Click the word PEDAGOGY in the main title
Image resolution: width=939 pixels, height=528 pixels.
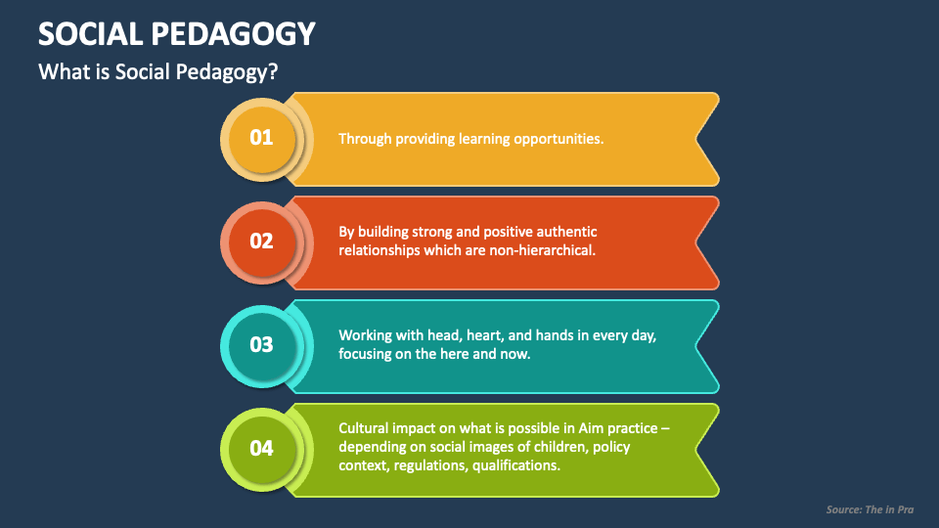click(x=233, y=33)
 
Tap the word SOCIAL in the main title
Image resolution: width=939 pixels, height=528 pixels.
click(x=90, y=33)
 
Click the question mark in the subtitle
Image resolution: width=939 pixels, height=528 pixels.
click(x=273, y=71)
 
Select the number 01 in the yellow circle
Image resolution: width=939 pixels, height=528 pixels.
click(x=261, y=138)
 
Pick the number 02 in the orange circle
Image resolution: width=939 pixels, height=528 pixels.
click(x=261, y=242)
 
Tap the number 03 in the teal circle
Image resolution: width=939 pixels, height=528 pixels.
click(x=261, y=345)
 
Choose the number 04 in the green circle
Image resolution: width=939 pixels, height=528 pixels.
click(x=261, y=449)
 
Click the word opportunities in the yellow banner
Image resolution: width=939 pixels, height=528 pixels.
click(x=559, y=140)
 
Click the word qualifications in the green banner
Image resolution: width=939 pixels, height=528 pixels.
click(x=516, y=465)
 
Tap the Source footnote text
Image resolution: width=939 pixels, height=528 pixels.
click(x=871, y=510)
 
